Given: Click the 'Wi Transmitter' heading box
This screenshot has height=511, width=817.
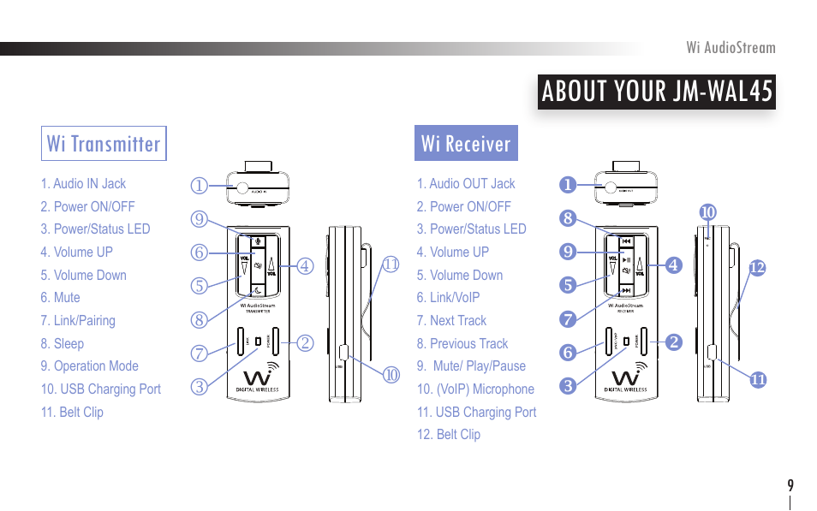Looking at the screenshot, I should pyautogui.click(x=104, y=144).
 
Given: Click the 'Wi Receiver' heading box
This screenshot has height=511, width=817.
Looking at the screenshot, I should pyautogui.click(x=466, y=144).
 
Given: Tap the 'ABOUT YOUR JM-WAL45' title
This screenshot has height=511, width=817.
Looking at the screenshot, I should pyautogui.click(x=657, y=91).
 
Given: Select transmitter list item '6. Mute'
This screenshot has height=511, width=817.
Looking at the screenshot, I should pyautogui.click(x=60, y=298).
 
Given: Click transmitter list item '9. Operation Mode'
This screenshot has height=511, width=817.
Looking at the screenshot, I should pyautogui.click(x=89, y=366).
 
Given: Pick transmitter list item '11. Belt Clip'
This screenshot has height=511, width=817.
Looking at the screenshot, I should pyautogui.click(x=72, y=412).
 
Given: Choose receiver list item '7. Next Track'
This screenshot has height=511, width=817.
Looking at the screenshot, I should pyautogui.click(x=451, y=321).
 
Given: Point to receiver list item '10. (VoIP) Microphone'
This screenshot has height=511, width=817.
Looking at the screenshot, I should pyautogui.click(x=475, y=389).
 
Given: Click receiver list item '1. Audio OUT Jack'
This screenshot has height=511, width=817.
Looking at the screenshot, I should pyautogui.click(x=466, y=184).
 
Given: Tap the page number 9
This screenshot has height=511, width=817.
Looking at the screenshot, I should pyautogui.click(x=790, y=485).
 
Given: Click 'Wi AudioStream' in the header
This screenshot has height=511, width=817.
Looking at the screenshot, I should pyautogui.click(x=731, y=48).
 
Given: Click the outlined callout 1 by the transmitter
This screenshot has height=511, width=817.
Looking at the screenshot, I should pyautogui.click(x=199, y=185).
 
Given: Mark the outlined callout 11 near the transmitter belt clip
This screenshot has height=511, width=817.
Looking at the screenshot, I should pyautogui.click(x=391, y=264).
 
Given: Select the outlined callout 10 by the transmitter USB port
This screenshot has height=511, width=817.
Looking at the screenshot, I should pyautogui.click(x=391, y=374).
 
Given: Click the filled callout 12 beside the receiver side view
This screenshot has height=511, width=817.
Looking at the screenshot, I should pyautogui.click(x=756, y=268).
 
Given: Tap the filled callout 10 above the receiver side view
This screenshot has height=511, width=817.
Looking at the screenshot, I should pyautogui.click(x=707, y=211).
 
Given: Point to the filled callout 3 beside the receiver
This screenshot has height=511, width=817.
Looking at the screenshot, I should pyautogui.click(x=567, y=386).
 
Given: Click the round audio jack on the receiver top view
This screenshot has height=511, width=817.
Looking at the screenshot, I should pyautogui.click(x=611, y=190).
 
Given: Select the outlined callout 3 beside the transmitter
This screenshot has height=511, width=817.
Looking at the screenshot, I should pyautogui.click(x=199, y=386).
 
